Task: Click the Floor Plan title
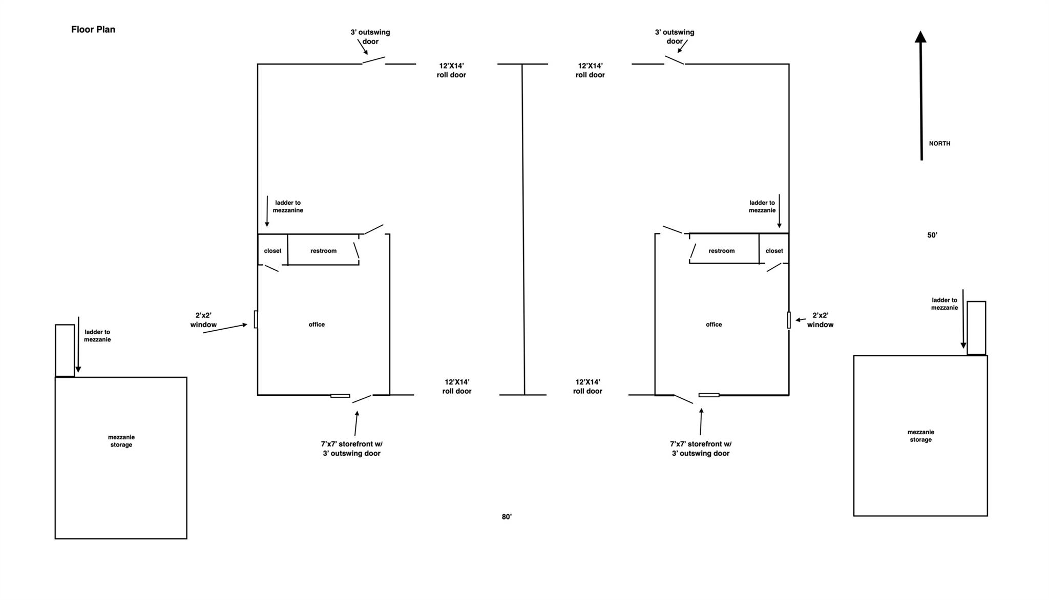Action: tap(93, 30)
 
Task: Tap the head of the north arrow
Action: tap(920, 37)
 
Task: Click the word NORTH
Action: tap(939, 144)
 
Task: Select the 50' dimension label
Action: tap(932, 235)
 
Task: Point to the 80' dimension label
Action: tap(507, 517)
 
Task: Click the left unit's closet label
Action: tap(272, 251)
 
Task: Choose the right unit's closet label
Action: tap(774, 251)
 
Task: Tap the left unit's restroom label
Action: tap(323, 251)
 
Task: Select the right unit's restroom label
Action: tap(721, 251)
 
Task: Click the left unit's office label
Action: tap(317, 325)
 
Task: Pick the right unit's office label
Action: tap(714, 325)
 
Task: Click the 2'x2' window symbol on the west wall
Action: tap(256, 319)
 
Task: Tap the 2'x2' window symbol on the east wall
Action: tap(789, 320)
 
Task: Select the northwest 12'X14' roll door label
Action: tap(451, 71)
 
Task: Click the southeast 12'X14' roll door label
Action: tap(588, 387)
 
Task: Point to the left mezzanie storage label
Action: tap(121, 441)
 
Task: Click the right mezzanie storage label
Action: tap(920, 436)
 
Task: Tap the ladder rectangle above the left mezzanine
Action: tap(65, 351)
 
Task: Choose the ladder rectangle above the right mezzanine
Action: tap(976, 328)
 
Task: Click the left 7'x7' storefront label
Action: tap(352, 449)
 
